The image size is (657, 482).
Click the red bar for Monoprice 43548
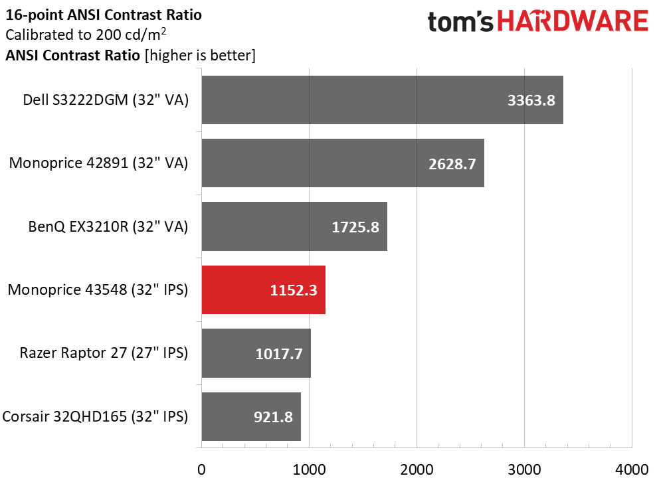coord(263,290)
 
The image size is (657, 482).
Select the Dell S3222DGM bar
coord(382,100)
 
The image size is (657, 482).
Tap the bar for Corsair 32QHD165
coord(250,417)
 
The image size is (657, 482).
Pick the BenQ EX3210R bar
coord(294,227)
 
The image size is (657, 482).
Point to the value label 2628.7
coord(452,164)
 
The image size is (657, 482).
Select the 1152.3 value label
coord(294,291)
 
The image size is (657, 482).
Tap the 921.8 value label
coord(274,418)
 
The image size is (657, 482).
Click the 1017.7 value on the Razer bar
coord(279,354)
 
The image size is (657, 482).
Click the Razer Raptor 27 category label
coord(104,353)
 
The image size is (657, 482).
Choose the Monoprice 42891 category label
coord(99,163)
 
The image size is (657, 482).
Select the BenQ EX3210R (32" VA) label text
coord(108,227)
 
